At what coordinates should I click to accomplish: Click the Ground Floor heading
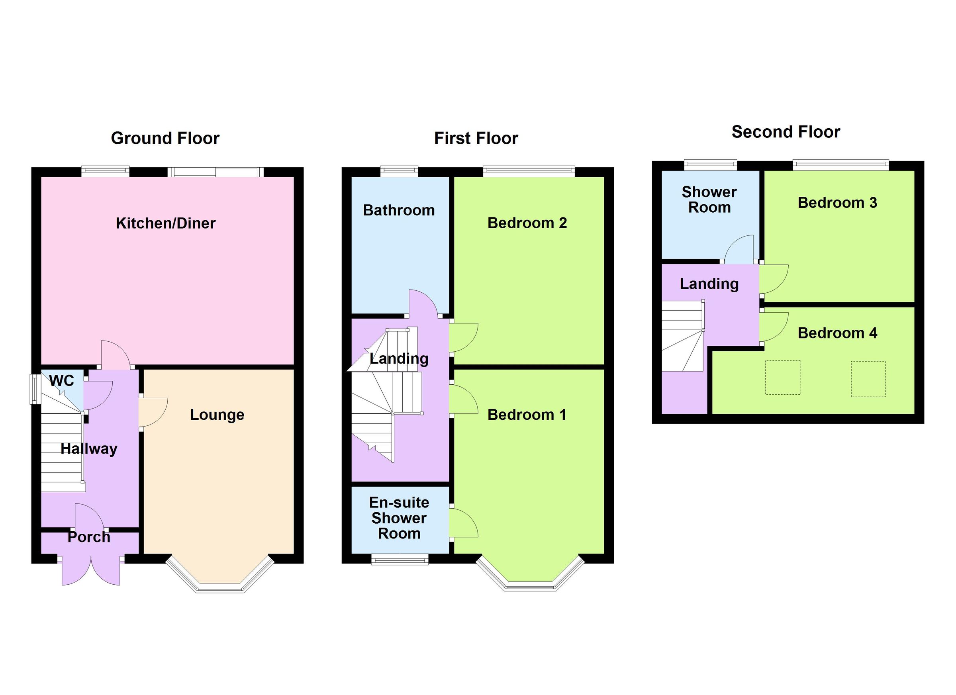point(165,138)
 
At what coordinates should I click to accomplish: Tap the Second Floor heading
point(785,132)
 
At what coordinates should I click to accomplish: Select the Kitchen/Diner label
point(166,223)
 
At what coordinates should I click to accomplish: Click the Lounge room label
point(217,415)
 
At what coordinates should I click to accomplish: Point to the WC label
point(61,381)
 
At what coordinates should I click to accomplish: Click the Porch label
point(89,537)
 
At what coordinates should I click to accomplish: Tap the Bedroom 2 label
point(527,223)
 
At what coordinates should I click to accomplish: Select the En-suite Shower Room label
point(399,518)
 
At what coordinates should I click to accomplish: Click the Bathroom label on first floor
point(399,210)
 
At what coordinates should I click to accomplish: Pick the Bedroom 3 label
point(837,203)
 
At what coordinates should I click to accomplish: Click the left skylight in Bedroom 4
point(783,378)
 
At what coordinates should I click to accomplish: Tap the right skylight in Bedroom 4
point(868,379)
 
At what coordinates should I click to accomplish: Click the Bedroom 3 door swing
point(773,278)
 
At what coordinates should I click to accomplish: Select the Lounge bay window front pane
point(219,588)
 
